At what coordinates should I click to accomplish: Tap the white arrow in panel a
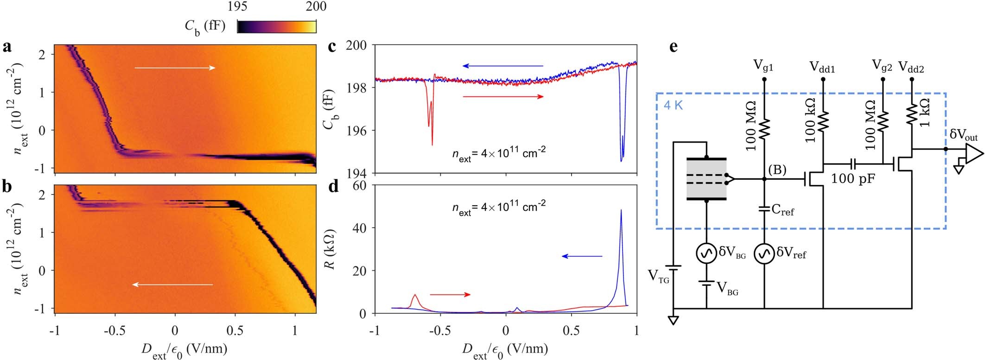coord(175,68)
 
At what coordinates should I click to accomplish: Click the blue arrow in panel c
coord(503,66)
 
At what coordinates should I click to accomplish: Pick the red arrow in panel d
coord(450,294)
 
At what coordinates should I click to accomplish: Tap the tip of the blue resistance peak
coord(621,210)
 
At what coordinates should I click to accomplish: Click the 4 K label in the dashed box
coord(673,105)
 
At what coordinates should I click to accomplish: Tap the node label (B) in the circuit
coord(777,170)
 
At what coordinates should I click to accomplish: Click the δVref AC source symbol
coord(764,253)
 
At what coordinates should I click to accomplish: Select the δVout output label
coord(963,135)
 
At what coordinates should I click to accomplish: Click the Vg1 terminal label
coord(764,67)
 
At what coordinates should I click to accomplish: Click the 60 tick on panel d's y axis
coord(360,185)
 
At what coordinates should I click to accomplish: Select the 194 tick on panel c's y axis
coord(357,173)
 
